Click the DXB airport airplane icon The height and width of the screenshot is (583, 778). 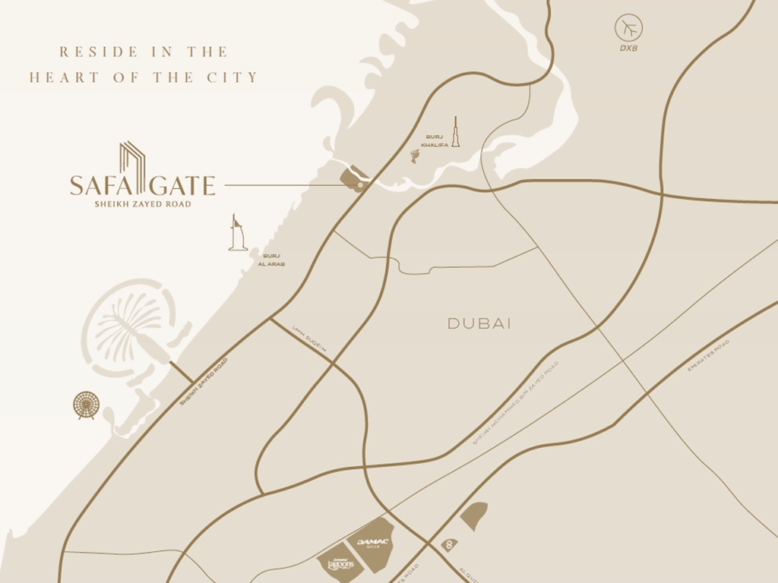[x=628, y=29]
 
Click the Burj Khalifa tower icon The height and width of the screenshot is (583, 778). [x=456, y=132]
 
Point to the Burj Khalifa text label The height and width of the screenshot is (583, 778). [x=434, y=140]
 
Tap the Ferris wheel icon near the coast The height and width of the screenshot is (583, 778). [x=86, y=405]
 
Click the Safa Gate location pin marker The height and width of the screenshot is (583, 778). [x=360, y=184]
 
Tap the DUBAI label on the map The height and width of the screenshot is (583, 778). [x=479, y=324]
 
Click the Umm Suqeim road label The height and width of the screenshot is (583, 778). [x=308, y=339]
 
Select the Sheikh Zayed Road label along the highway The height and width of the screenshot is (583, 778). [x=203, y=382]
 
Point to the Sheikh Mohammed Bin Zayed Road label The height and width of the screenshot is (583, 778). [x=515, y=403]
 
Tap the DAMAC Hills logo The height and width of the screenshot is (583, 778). [x=372, y=543]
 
